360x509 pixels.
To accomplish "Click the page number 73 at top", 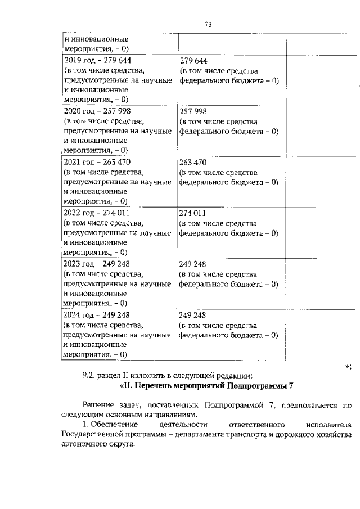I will pos(208,24).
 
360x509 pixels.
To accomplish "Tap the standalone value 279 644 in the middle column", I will pos(193,60).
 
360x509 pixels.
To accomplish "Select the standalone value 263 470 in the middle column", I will pos(193,162).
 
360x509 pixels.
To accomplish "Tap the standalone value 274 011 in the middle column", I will pos(193,213).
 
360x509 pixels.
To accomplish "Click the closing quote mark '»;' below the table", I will pos(348,366).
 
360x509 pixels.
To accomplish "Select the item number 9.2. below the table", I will pos(91,375).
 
